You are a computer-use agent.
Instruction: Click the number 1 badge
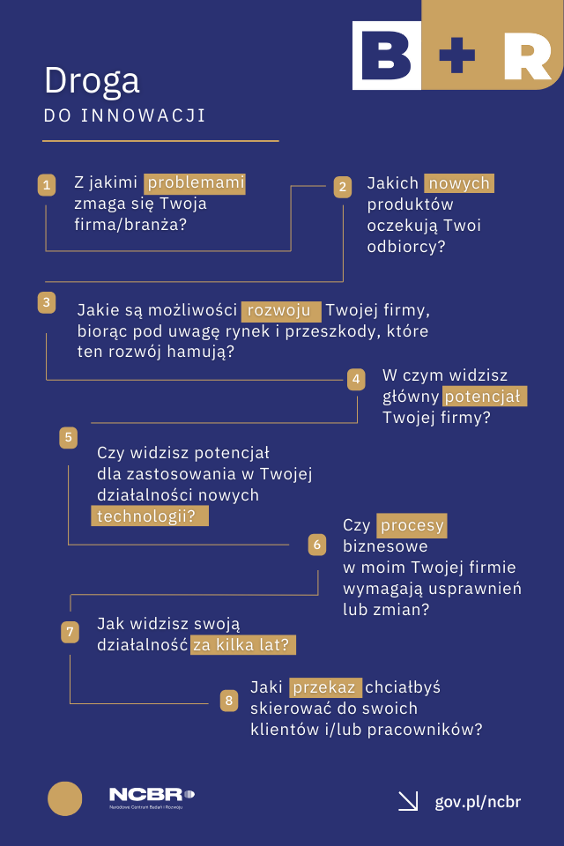(x=47, y=185)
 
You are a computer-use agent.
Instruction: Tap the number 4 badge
(x=356, y=380)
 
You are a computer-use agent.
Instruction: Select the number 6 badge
(x=317, y=545)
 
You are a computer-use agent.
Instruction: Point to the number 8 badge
(x=229, y=701)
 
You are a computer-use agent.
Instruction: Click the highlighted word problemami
(x=195, y=183)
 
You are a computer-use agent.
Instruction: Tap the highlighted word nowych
(x=458, y=183)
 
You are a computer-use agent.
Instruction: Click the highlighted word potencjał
(x=485, y=397)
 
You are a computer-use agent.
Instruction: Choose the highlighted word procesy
(x=412, y=525)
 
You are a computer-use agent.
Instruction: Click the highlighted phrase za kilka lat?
(x=242, y=644)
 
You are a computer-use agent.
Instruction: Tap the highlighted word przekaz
(x=325, y=687)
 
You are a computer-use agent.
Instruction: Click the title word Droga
(x=92, y=80)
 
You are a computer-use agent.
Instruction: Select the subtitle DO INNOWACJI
(x=124, y=116)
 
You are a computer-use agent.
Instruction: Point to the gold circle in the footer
(x=64, y=798)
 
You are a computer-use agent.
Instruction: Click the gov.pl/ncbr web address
(x=478, y=801)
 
